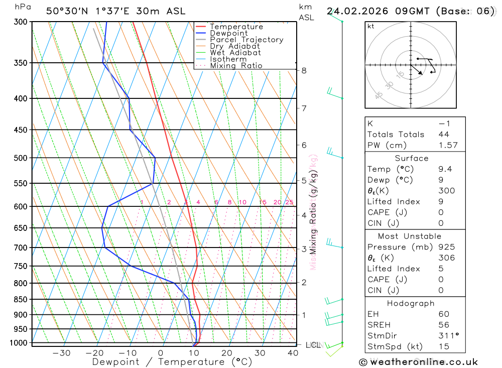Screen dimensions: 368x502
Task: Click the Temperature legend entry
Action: coord(236,27)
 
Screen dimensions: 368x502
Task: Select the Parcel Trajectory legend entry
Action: coord(246,40)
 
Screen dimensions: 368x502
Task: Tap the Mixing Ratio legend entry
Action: coord(236,66)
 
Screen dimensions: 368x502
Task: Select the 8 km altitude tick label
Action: coord(304,70)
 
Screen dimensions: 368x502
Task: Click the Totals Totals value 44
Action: coord(444,134)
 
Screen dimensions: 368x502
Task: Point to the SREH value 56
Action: coord(444,325)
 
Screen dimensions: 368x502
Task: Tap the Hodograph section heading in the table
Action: coord(411,303)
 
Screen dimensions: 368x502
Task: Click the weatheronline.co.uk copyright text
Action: coord(418,361)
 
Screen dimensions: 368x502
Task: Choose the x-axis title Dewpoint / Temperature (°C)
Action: coord(172,362)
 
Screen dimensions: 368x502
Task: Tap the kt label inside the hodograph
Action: coord(371,26)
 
